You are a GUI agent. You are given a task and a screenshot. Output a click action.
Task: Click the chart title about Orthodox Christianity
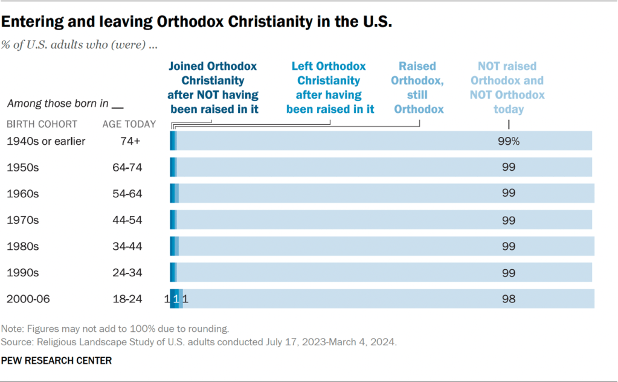coord(196,23)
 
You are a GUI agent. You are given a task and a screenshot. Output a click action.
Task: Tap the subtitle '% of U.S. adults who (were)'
coord(76,45)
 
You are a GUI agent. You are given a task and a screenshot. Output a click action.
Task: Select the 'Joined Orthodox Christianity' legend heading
coord(213,88)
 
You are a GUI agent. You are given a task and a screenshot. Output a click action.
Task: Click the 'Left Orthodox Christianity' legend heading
coord(330,88)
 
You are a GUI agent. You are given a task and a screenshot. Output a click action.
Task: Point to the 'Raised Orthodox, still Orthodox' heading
coord(417,88)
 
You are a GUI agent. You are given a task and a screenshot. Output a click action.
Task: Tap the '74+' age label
coord(127,141)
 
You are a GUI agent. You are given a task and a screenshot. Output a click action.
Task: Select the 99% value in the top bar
coord(509,141)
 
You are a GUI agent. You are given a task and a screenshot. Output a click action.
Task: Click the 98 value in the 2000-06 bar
coord(508,299)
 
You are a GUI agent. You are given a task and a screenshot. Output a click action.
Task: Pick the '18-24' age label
coord(127,299)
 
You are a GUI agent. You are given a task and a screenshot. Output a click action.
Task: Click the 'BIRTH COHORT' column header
coord(42,124)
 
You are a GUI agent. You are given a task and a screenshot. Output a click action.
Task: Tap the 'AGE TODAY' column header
coord(129,124)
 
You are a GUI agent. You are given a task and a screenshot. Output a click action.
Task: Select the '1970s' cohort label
coord(22,220)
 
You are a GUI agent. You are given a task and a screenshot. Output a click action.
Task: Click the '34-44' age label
coord(127,246)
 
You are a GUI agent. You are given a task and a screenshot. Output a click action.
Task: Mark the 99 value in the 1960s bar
coord(508,194)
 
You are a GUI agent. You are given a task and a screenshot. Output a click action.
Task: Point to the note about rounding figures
coord(116,329)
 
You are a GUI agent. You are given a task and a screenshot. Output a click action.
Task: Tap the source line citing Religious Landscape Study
coord(199,342)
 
